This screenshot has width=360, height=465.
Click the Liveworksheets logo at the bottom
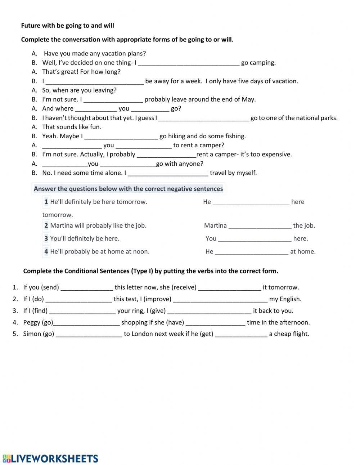(50, 458)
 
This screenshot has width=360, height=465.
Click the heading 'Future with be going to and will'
(67, 26)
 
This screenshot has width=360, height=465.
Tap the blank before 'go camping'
(189, 63)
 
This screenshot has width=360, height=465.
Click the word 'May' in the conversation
(248, 99)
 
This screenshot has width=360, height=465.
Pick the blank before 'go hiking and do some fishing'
(121, 137)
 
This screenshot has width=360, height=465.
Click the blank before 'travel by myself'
(168, 173)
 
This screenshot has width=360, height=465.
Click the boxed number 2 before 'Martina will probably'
(46, 226)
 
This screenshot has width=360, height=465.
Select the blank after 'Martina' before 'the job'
(260, 226)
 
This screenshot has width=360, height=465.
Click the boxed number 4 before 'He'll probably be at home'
(46, 252)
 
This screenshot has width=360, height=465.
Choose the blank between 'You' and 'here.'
(255, 239)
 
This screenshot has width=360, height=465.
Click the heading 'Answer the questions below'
(128, 189)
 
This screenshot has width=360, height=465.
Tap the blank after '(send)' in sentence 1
(87, 288)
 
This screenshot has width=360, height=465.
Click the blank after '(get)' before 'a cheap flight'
(241, 334)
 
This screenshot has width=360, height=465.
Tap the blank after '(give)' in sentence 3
(209, 311)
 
